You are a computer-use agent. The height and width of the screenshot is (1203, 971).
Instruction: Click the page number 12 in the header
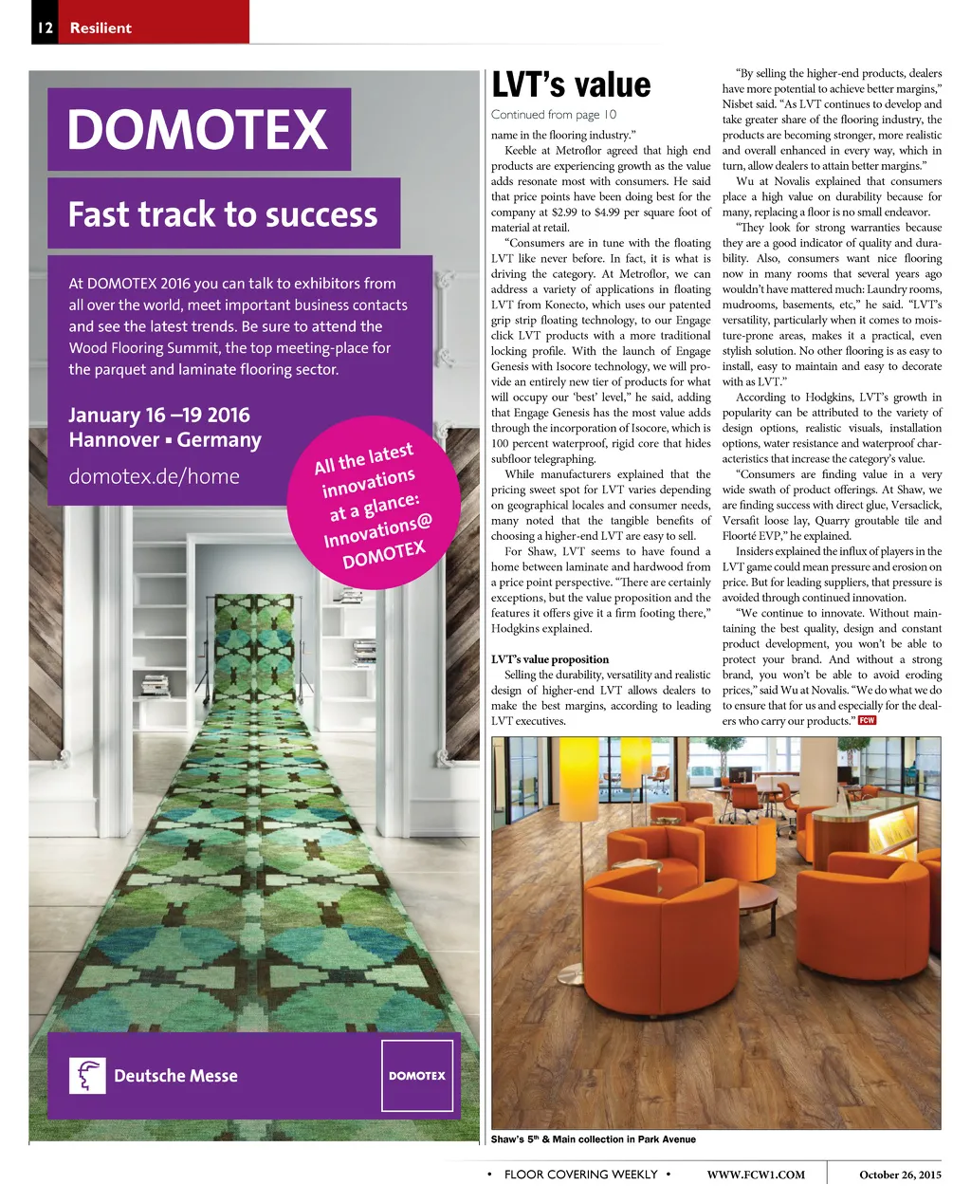pos(45,28)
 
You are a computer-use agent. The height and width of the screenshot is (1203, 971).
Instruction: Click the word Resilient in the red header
pos(101,28)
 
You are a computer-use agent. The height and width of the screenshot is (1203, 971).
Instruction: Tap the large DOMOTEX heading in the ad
pos(197,130)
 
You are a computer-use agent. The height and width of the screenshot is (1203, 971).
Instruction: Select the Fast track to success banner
pos(223,214)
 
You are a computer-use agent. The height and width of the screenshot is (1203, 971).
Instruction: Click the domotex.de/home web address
pos(154,476)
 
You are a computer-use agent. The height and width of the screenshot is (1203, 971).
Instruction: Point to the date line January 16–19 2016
pos(159,416)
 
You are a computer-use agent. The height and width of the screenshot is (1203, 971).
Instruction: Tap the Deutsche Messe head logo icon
pos(87,1075)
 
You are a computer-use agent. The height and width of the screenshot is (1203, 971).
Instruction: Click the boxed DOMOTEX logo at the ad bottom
pos(417,1075)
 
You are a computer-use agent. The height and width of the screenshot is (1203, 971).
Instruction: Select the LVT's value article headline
pos(571,85)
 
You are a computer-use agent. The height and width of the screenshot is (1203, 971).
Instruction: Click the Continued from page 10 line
pos(554,115)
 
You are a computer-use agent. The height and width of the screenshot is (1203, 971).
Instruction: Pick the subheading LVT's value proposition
pos(550,659)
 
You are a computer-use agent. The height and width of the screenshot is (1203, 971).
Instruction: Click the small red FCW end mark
pos(867,720)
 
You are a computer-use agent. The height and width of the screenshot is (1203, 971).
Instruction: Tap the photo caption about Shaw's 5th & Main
pos(594,1139)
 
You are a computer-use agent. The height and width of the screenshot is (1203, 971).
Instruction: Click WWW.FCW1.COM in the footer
pos(756,1175)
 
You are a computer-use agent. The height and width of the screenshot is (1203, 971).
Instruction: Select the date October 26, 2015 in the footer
pos(900,1175)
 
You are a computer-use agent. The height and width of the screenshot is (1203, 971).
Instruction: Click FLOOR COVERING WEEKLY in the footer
pos(580,1175)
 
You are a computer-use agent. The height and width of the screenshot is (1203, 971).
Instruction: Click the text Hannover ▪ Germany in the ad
pos(165,440)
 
